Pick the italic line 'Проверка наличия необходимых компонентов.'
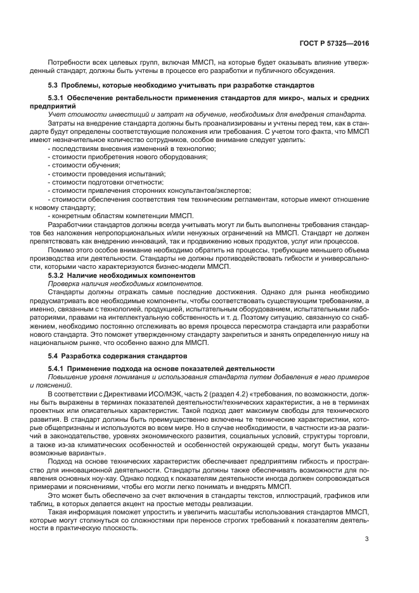click(x=125, y=284)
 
